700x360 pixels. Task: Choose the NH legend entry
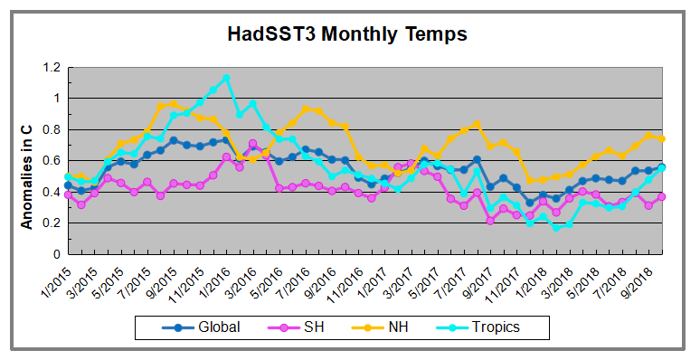pyautogui.click(x=394, y=327)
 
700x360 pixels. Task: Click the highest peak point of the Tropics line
pyautogui.click(x=226, y=78)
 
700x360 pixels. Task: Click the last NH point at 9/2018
pyautogui.click(x=662, y=138)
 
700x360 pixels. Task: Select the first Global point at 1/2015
pyautogui.click(x=68, y=185)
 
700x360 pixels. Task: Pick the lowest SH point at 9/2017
pyautogui.click(x=490, y=220)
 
